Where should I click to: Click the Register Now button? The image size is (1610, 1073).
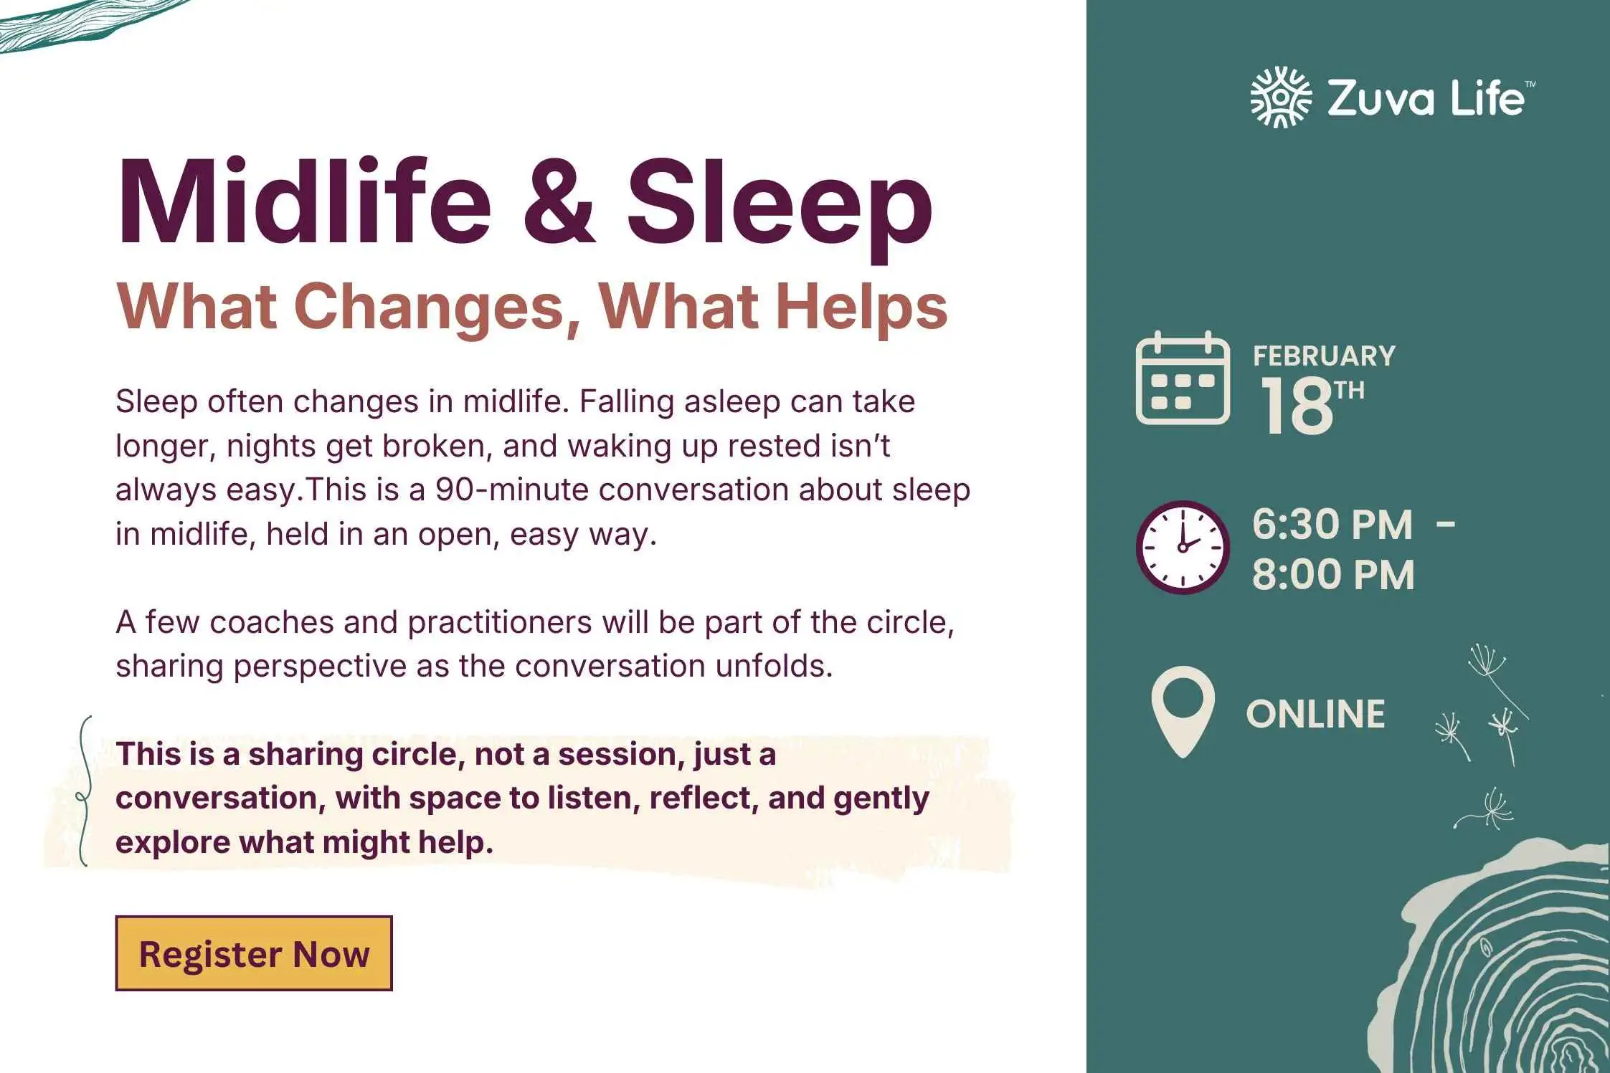pos(254,953)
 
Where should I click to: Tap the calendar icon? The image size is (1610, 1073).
pos(1183,378)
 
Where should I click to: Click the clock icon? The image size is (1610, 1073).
pos(1183,547)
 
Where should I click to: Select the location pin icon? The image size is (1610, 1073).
pos(1183,712)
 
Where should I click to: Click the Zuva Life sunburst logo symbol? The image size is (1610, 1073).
pos(1281,97)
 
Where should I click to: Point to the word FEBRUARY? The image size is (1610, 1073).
pos(1324,356)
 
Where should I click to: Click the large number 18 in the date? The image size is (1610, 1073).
pos(1296,406)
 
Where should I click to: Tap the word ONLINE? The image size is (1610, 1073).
pos(1315,714)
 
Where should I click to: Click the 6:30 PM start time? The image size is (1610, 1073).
pos(1332,524)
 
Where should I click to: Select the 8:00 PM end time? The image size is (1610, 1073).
pos(1333,575)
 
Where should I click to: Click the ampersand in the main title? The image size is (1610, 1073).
pos(559,203)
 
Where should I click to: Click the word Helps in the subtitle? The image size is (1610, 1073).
pos(862,309)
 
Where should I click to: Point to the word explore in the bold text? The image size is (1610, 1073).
pos(172,843)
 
